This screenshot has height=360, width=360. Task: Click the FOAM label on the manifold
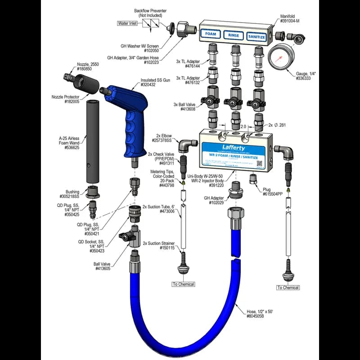tap(211, 34)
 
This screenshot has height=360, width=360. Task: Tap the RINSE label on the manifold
tap(234, 35)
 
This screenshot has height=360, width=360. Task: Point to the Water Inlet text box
tap(127, 23)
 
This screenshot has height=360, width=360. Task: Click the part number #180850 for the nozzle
tap(82, 69)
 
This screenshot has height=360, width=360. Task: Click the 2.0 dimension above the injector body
tap(243, 127)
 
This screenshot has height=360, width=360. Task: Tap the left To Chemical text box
tap(183, 284)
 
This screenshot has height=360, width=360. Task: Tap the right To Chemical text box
tap(288, 288)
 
